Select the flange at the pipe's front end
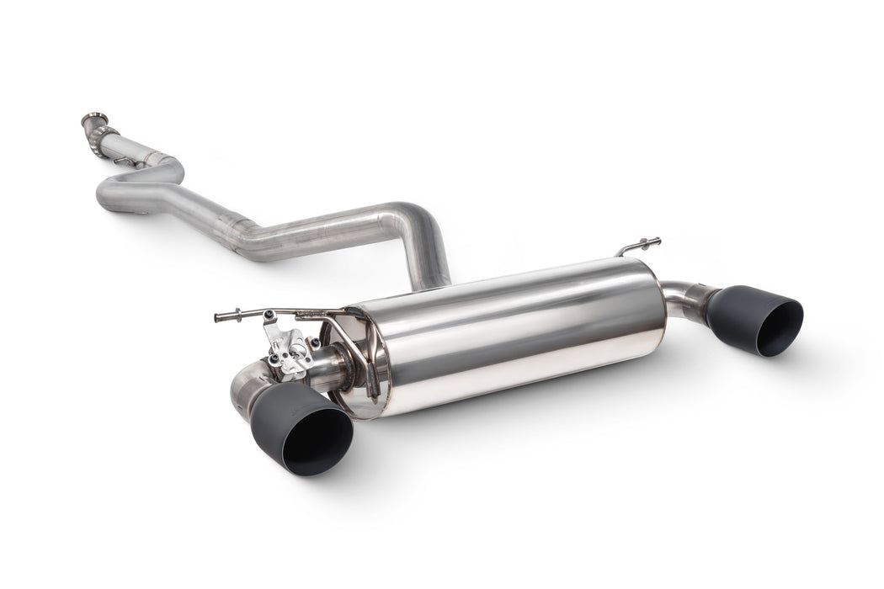pyautogui.click(x=95, y=120)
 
